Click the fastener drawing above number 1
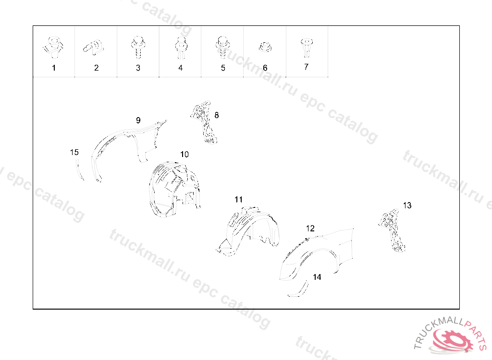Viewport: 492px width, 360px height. [x=53, y=47]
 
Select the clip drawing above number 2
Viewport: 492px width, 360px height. [x=93, y=48]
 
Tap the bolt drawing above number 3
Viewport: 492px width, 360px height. [x=138, y=47]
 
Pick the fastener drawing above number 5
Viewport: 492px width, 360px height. [x=222, y=47]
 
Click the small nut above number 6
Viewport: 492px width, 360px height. [x=265, y=48]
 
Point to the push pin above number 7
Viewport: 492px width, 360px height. [x=306, y=48]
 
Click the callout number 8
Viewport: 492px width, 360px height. [x=217, y=115]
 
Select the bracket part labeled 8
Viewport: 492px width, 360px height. [x=204, y=122]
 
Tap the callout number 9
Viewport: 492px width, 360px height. [x=138, y=120]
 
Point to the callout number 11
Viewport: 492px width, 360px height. [x=238, y=200]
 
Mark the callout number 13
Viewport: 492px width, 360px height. [x=407, y=205]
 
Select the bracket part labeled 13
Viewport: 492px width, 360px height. [x=392, y=230]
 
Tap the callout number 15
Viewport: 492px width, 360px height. [x=74, y=152]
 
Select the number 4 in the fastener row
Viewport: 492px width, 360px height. [x=181, y=68]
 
